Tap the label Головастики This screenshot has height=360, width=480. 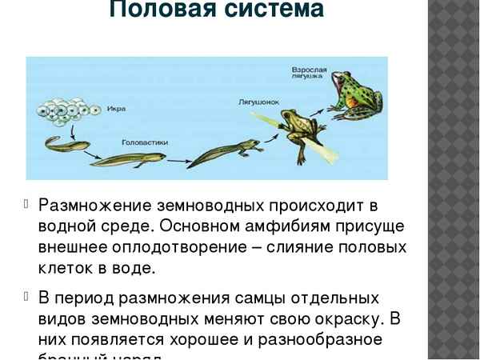point(144,142)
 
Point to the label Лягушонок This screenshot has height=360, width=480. point(256,103)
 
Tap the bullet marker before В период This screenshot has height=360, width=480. point(27,298)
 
